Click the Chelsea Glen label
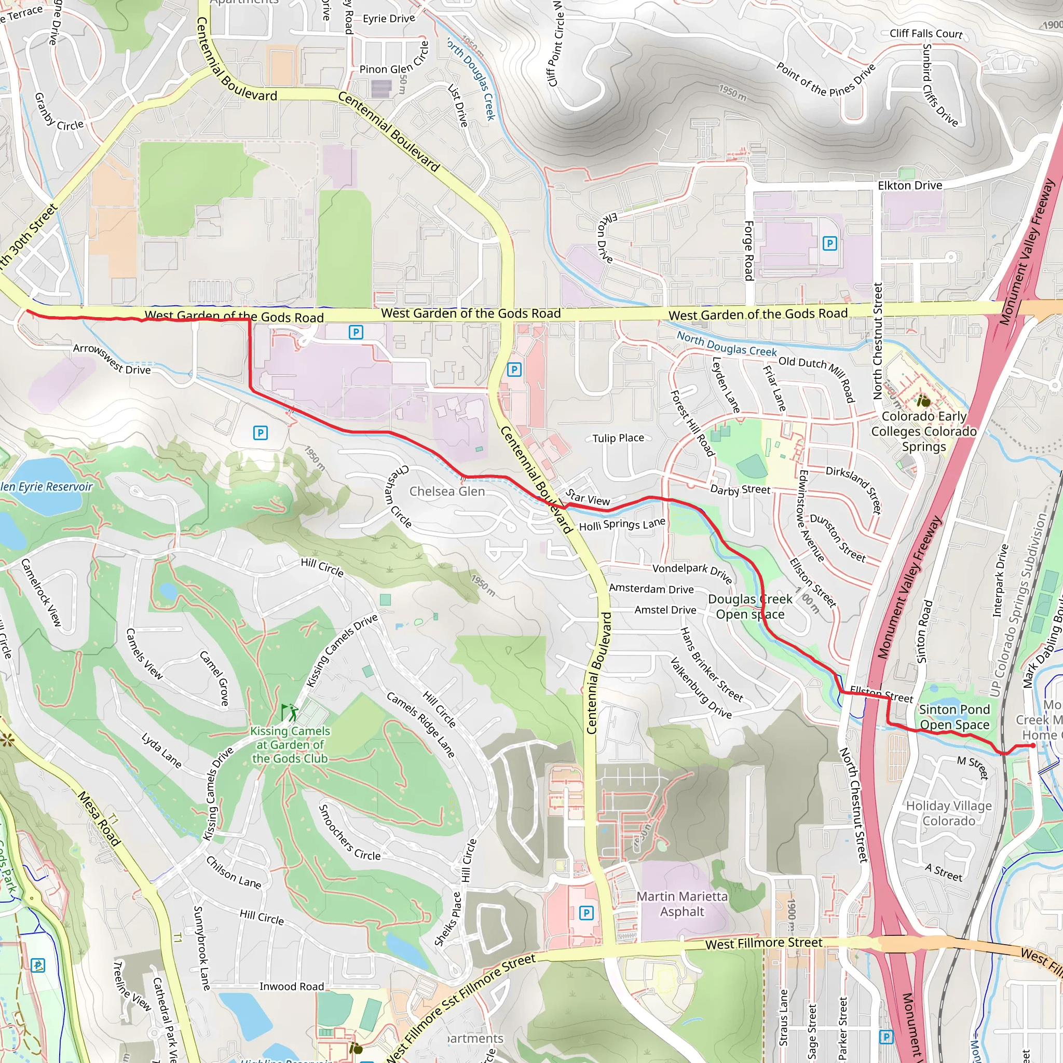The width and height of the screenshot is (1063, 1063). (447, 492)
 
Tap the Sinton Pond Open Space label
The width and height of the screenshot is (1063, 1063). (954, 717)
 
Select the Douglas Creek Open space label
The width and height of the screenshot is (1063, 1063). (750, 606)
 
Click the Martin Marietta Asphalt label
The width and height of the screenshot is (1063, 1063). (682, 904)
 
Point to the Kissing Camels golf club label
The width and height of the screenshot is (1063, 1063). (290, 744)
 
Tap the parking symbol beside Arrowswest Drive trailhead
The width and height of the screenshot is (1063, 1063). (260, 433)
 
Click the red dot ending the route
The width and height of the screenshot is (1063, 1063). (1033, 745)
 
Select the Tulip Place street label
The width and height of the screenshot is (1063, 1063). (618, 438)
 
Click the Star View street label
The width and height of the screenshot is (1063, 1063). (588, 497)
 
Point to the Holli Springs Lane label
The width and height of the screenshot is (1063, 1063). (622, 524)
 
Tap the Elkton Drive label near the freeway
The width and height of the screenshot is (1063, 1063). (909, 185)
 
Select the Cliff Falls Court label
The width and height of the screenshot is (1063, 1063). (926, 34)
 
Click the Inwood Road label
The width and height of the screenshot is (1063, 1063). (291, 987)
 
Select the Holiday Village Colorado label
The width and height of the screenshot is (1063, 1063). (949, 813)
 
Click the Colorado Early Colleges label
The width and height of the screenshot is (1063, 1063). (923, 431)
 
